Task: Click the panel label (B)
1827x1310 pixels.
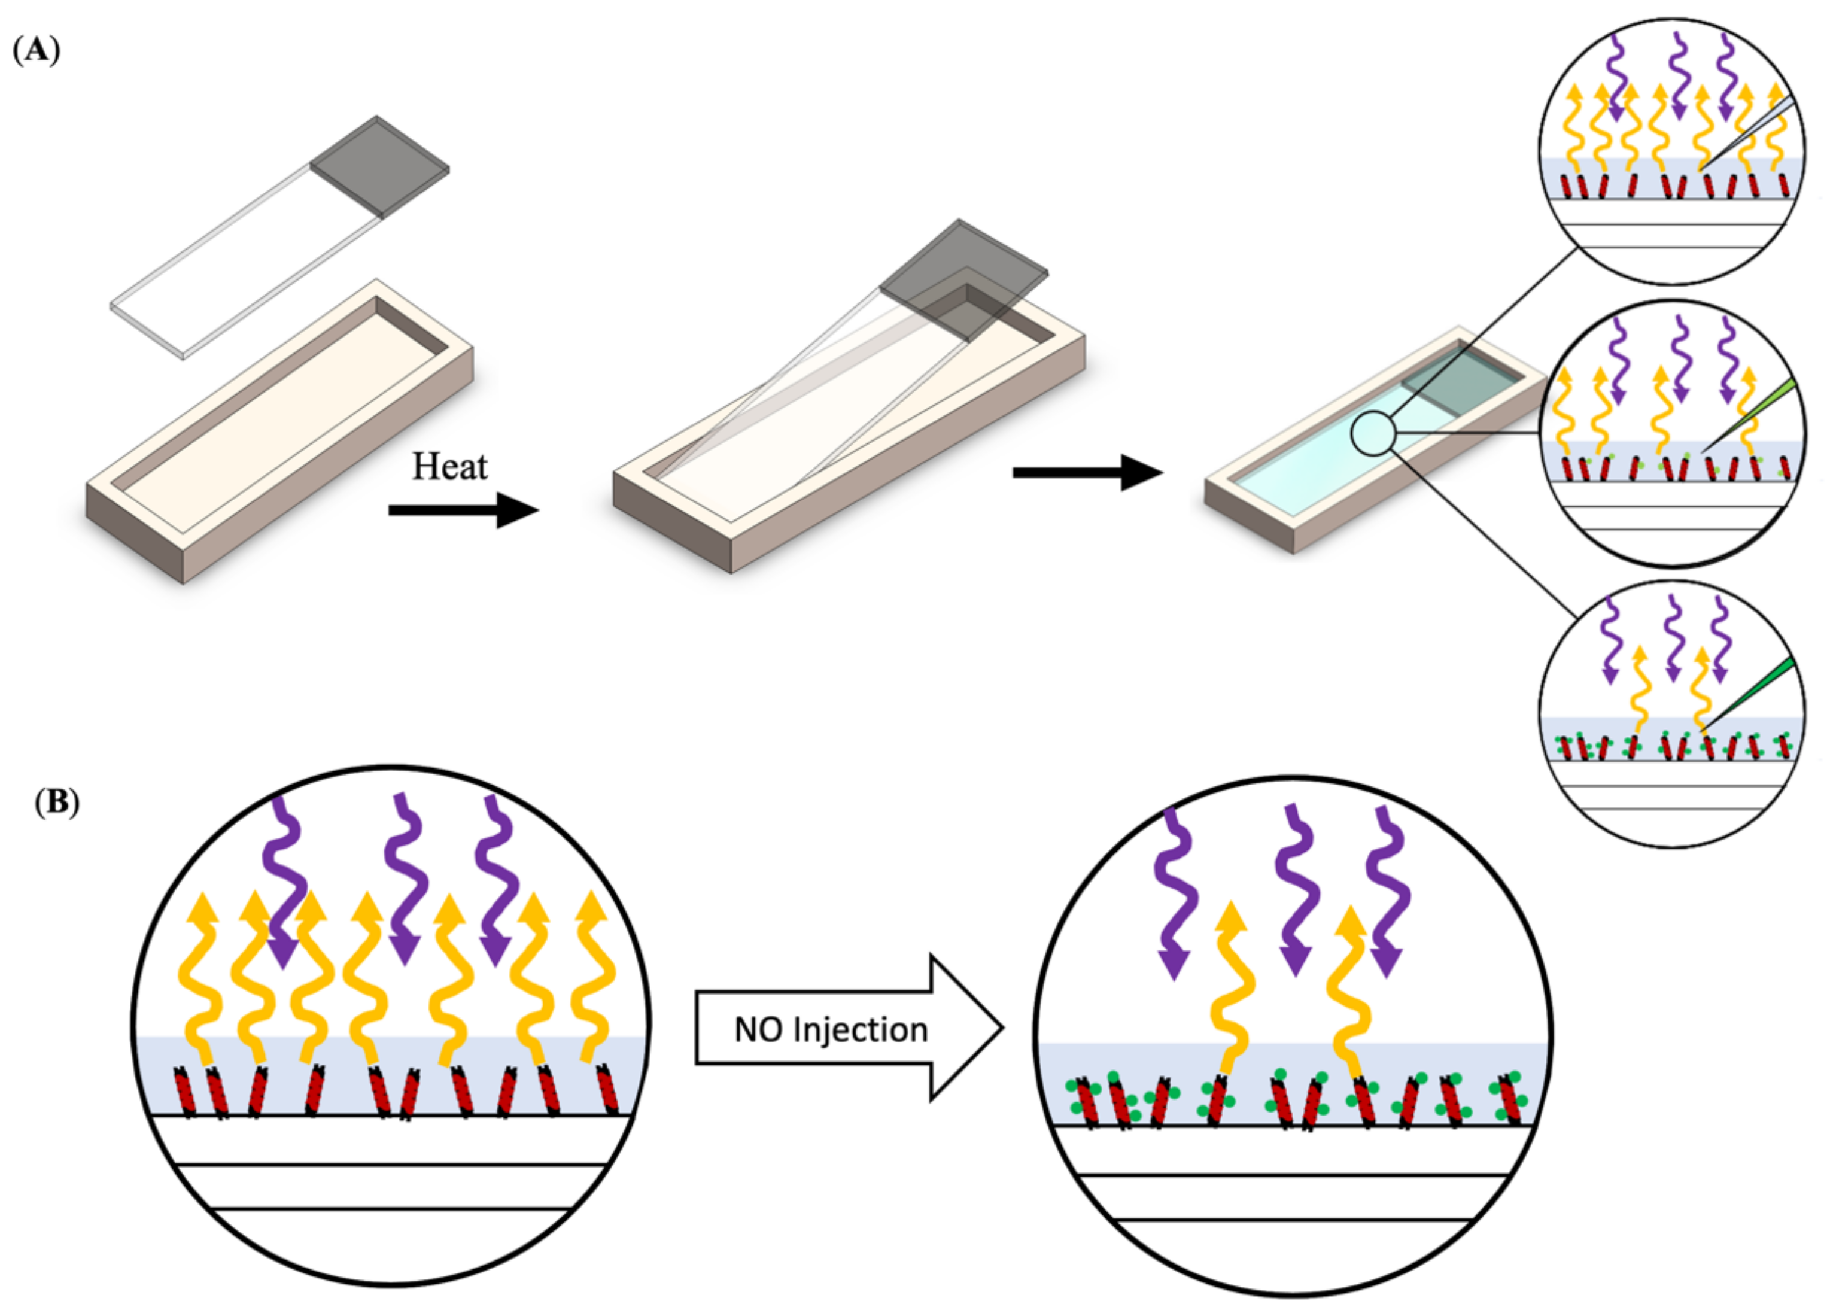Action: tap(56, 803)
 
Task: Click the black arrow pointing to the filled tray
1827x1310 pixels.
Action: tap(1087, 473)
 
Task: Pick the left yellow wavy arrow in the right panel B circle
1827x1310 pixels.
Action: tap(1229, 991)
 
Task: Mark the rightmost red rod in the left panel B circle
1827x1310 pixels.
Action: tap(608, 1090)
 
